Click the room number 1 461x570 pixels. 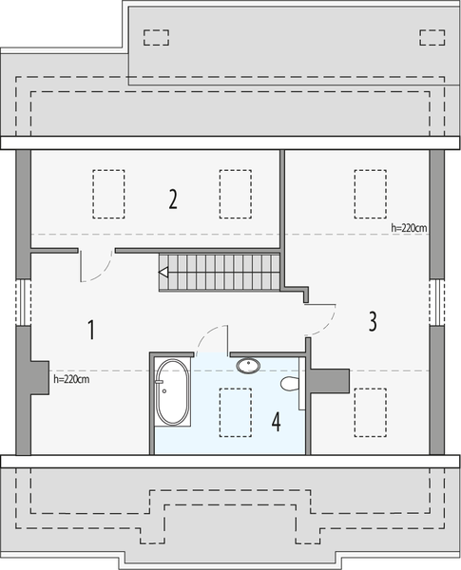(91, 331)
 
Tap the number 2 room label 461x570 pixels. (172, 199)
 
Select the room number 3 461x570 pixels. (373, 321)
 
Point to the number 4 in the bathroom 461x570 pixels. (276, 421)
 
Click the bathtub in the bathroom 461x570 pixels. (172, 391)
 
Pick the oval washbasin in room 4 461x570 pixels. (249, 365)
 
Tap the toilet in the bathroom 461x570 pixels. (290, 385)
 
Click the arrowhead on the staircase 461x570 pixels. (163, 275)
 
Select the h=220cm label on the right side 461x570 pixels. (410, 228)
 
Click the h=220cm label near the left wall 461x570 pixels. (71, 379)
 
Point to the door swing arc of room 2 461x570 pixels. (93, 267)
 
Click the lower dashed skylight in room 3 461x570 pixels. (369, 412)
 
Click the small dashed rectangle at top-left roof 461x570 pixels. (155, 37)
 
